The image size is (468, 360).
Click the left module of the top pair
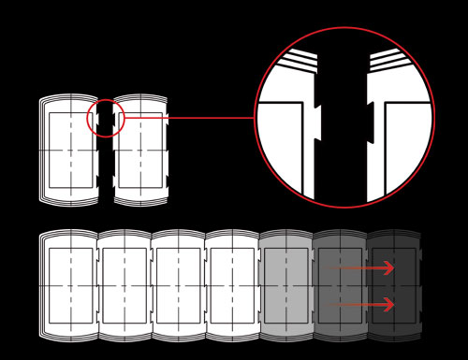click(69, 150)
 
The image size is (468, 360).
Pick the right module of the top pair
click(140, 150)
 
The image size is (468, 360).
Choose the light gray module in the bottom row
click(285, 285)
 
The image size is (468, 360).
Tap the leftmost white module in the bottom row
click(69, 285)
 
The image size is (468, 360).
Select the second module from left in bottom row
click(124, 285)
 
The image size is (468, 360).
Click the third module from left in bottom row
click(178, 285)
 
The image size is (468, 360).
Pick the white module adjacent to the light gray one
click(232, 285)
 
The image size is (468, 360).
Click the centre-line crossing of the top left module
click(70, 150)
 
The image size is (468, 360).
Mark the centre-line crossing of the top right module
click(140, 150)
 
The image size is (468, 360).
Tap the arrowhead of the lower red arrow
click(388, 305)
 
